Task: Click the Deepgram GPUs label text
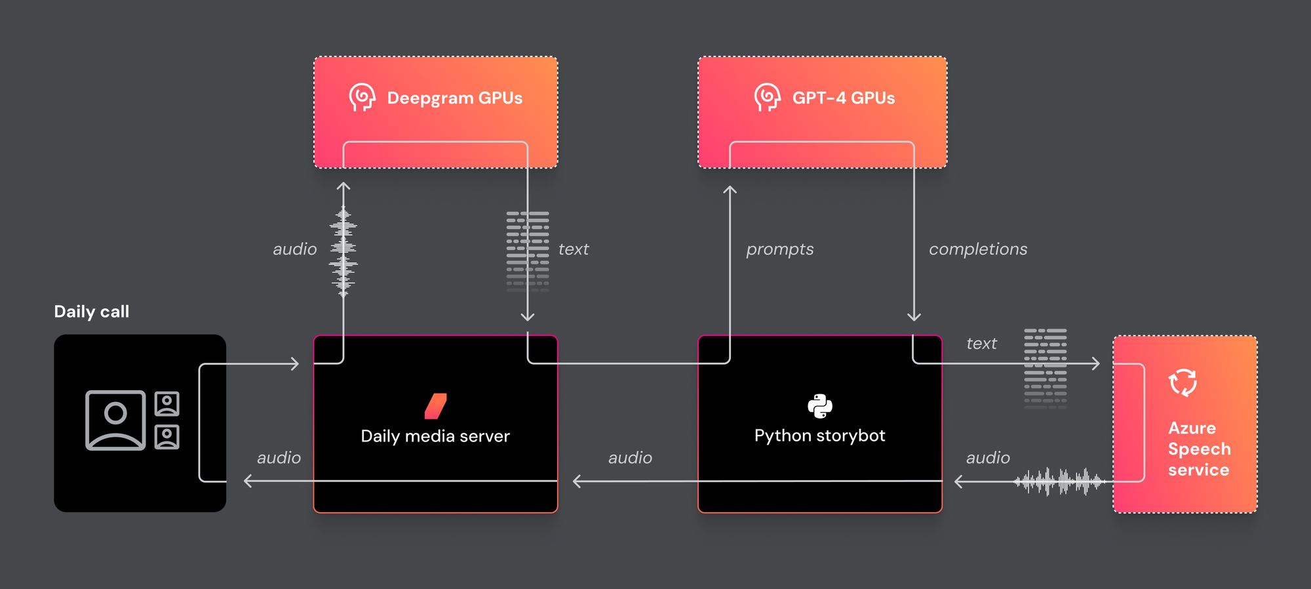[454, 98]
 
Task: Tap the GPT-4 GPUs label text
[843, 98]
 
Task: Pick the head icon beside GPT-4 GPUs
[767, 98]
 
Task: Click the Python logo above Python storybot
[819, 406]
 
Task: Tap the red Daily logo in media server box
[435, 406]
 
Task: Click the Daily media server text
[435, 436]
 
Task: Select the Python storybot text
[819, 436]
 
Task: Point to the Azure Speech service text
[1198, 449]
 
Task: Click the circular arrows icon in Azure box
[1183, 382]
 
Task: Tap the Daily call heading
[92, 312]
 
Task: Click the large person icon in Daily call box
[115, 420]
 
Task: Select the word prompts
[779, 249]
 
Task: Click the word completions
[977, 249]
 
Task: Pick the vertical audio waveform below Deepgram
[343, 251]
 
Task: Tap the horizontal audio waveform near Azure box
[1059, 481]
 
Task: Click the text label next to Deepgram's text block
[574, 249]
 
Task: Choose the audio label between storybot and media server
[630, 458]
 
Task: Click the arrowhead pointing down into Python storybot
[914, 317]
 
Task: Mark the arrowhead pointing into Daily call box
[248, 481]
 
